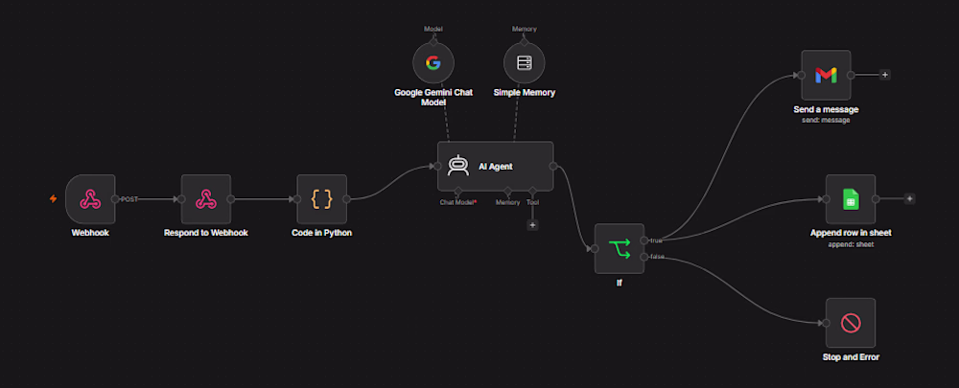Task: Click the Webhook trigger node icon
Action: [x=90, y=198]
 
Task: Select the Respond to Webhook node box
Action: [x=206, y=198]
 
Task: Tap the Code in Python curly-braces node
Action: [x=321, y=198]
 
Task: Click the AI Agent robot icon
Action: [x=458, y=166]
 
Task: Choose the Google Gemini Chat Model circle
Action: [x=433, y=62]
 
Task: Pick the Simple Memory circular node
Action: [x=525, y=62]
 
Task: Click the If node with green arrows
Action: [x=619, y=248]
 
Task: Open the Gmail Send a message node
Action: [x=826, y=75]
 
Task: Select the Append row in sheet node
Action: [x=850, y=199]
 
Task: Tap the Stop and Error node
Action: [x=850, y=323]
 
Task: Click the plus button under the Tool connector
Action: [x=532, y=225]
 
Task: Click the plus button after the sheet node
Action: [x=909, y=198]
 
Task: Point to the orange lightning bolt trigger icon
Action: [x=53, y=198]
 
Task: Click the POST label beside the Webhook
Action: [x=129, y=199]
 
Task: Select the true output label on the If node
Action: [x=656, y=240]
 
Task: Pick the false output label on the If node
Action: [x=658, y=257]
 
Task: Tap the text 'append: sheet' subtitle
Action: [x=850, y=244]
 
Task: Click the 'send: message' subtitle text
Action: [x=826, y=121]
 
